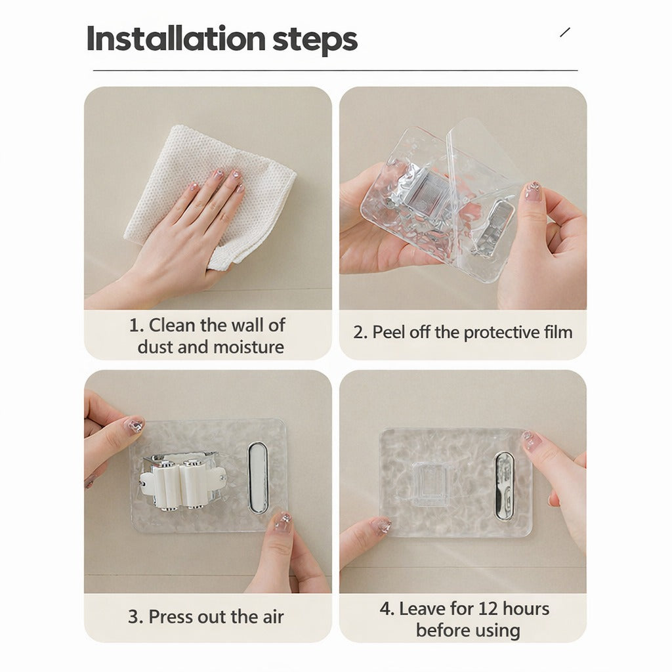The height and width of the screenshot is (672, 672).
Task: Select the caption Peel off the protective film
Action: pos(463,332)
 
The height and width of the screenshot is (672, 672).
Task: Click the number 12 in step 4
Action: pos(472,608)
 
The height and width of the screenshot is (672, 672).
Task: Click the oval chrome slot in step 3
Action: pos(258,477)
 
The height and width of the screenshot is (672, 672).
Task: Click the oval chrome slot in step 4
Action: pos(504,486)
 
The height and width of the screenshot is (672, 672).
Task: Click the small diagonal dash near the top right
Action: pos(565,32)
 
